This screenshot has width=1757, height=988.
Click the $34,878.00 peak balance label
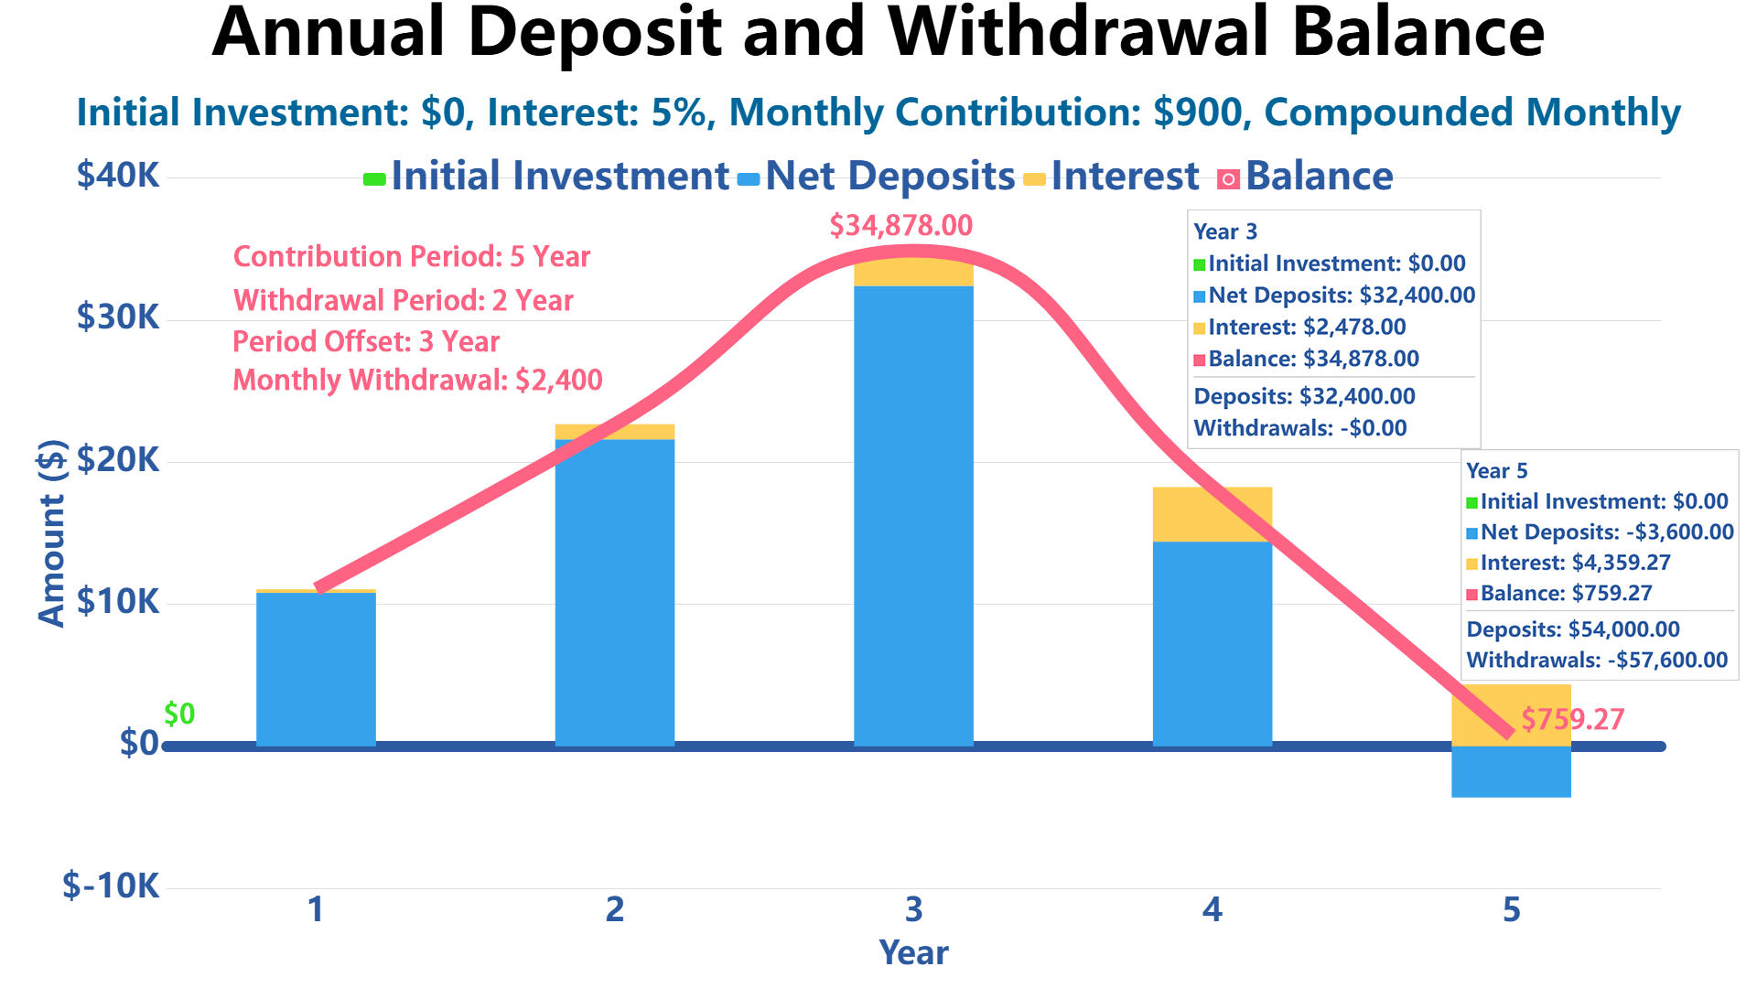(x=900, y=225)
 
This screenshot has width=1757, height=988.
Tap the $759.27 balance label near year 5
(x=1572, y=719)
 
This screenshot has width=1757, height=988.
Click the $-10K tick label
(x=111, y=886)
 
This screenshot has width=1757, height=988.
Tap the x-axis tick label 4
(x=1212, y=909)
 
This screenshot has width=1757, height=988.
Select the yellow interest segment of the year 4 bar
(x=1212, y=514)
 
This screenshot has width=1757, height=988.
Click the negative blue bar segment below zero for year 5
(x=1511, y=772)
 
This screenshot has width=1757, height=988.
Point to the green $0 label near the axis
(x=179, y=714)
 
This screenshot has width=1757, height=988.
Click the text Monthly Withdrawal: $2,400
(x=417, y=380)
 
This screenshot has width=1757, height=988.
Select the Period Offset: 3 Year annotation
(x=366, y=341)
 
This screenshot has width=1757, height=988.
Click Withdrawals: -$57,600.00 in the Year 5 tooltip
(x=1597, y=660)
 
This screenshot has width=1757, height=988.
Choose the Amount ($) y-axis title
(x=52, y=532)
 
